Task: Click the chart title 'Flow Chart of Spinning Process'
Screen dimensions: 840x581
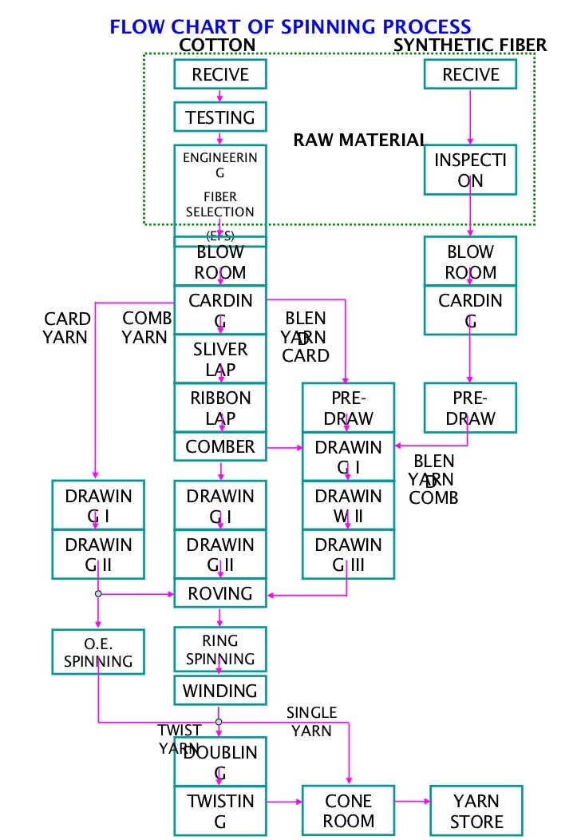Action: click(x=290, y=28)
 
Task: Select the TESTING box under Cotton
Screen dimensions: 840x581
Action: click(x=220, y=117)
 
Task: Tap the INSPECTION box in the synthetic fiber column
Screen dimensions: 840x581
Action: click(x=470, y=170)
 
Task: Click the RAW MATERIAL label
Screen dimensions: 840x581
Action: click(x=359, y=141)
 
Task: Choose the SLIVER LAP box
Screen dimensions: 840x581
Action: click(x=220, y=359)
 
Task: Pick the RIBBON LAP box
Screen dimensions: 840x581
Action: click(x=220, y=408)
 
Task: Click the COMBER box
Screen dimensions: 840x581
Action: click(x=220, y=447)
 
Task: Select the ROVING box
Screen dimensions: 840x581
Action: click(x=220, y=593)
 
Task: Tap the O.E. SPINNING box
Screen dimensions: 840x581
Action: click(x=98, y=651)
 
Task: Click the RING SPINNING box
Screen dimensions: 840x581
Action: click(x=220, y=650)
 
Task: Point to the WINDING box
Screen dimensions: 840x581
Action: click(x=220, y=691)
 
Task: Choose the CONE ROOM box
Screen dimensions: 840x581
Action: click(x=349, y=810)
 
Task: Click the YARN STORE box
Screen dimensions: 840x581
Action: click(x=476, y=810)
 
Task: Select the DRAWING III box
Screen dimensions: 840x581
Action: click(x=348, y=555)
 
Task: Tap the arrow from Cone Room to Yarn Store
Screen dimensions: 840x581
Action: click(x=413, y=801)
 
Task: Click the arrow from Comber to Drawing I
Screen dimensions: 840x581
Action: click(x=284, y=448)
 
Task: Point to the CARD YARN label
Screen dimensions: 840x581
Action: click(x=66, y=328)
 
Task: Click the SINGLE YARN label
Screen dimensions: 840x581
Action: click(x=312, y=721)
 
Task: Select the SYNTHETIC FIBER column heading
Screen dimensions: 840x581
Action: click(x=470, y=45)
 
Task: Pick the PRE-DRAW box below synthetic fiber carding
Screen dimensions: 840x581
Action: click(x=470, y=408)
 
